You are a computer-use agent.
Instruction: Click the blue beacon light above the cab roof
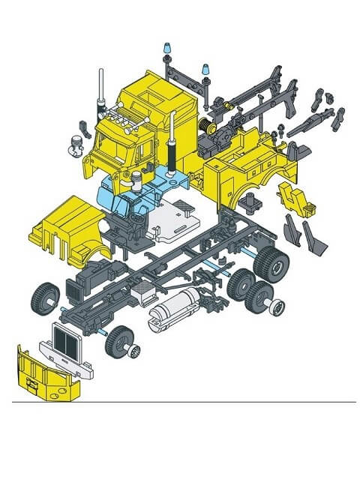point(164,52)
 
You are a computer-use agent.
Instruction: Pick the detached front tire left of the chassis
point(45,298)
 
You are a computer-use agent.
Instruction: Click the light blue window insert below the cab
point(124,196)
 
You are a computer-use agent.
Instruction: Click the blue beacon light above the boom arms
point(205,72)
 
